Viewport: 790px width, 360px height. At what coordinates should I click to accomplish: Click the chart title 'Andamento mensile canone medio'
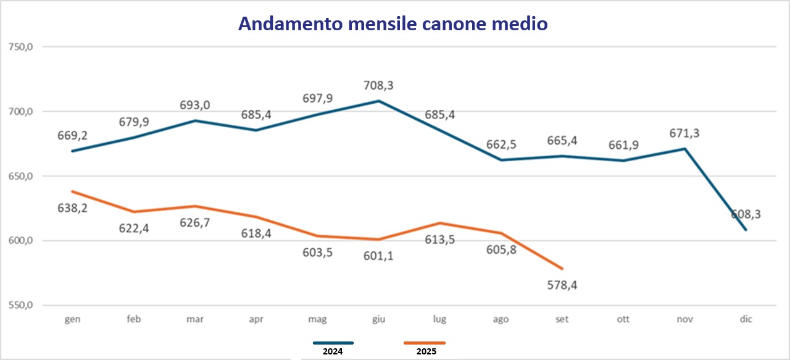[393, 23]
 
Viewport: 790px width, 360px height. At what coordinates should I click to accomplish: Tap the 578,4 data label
[562, 285]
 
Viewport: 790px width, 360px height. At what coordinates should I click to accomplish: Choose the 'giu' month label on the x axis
[379, 319]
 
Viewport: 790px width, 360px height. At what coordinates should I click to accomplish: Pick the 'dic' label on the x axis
[746, 319]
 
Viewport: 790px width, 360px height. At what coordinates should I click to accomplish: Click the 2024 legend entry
[333, 351]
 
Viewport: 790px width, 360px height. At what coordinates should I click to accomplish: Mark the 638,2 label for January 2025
[72, 208]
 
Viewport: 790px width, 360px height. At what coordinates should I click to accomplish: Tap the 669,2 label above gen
[72, 135]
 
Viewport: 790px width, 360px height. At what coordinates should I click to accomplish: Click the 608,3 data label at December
[746, 214]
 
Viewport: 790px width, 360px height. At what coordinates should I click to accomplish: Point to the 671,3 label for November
[685, 133]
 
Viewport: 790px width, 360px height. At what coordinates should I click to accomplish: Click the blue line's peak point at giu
[379, 101]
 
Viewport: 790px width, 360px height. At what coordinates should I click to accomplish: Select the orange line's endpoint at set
[562, 269]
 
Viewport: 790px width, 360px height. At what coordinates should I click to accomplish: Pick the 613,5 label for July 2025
[439, 240]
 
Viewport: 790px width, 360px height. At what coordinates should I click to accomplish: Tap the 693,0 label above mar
[195, 105]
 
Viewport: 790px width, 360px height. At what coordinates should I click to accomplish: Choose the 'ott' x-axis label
[623, 319]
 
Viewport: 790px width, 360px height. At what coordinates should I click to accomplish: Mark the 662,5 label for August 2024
[501, 144]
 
